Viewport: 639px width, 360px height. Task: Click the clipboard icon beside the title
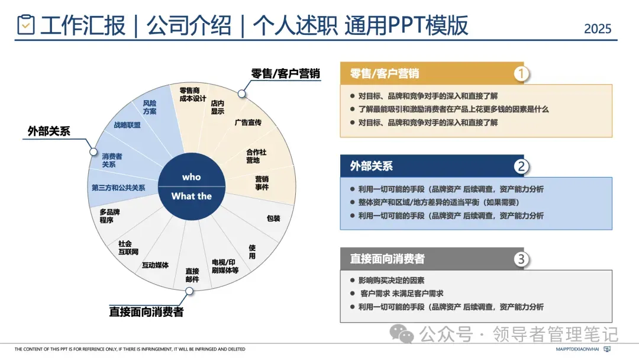coord(26,24)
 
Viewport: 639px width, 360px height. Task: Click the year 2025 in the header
coord(598,28)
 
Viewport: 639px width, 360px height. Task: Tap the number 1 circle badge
coord(521,73)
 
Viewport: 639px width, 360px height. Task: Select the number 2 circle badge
coord(521,166)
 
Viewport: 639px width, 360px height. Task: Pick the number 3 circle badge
coord(521,259)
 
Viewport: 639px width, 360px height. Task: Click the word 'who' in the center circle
coord(191,177)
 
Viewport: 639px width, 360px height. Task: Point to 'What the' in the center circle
coord(191,196)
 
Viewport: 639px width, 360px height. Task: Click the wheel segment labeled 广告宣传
coord(248,123)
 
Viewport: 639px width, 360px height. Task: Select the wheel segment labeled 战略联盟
coord(127,125)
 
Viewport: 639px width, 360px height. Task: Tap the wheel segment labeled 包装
coord(273,218)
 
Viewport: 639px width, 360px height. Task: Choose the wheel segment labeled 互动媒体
coord(155,265)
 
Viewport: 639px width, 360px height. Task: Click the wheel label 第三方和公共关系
coord(118,188)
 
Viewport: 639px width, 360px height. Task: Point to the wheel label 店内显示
coord(217,107)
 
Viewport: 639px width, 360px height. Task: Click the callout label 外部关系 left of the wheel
coord(49,131)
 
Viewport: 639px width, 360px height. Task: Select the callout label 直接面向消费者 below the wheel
coord(146,311)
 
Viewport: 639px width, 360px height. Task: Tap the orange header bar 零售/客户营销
coord(426,73)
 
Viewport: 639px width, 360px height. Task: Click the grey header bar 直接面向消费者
coord(426,259)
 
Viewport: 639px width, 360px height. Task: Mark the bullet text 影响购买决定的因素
coord(391,280)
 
